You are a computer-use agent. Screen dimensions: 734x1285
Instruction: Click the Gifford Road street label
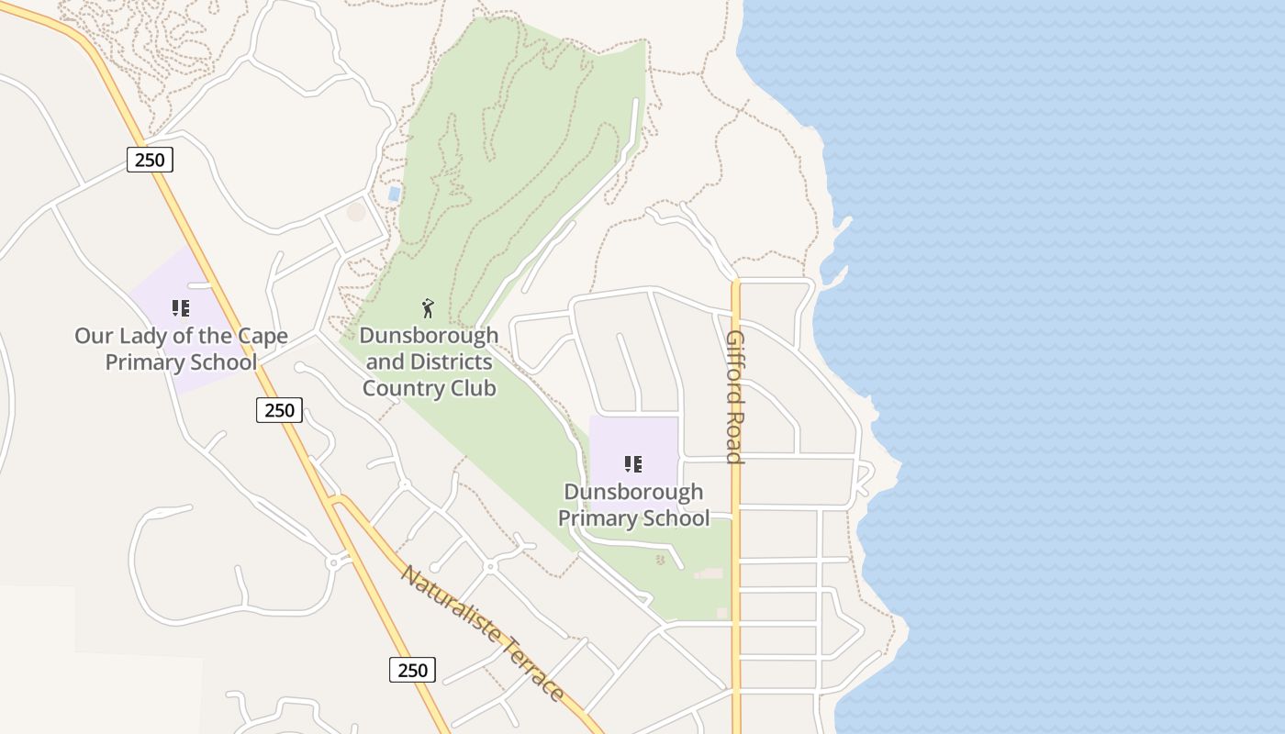pyautogui.click(x=735, y=396)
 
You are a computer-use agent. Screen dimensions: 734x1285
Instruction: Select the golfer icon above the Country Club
pyautogui.click(x=428, y=308)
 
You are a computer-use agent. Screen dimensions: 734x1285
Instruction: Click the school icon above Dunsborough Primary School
pyautogui.click(x=633, y=464)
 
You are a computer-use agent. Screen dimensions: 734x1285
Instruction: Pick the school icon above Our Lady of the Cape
pyautogui.click(x=181, y=308)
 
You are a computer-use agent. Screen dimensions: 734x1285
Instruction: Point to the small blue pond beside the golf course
pyautogui.click(x=394, y=194)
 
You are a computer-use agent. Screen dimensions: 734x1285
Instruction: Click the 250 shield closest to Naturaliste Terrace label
pyautogui.click(x=412, y=670)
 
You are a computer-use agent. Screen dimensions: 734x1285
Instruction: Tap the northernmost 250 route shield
pyautogui.click(x=150, y=160)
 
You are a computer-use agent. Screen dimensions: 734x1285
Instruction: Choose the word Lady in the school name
pyautogui.click(x=143, y=336)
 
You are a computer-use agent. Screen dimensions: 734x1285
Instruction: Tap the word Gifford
pyautogui.click(x=735, y=362)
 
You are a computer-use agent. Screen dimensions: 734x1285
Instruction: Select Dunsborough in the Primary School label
pyautogui.click(x=633, y=492)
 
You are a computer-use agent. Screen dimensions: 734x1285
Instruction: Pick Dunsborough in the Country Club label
pyautogui.click(x=429, y=335)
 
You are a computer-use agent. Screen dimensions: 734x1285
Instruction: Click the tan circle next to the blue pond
pyautogui.click(x=356, y=212)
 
